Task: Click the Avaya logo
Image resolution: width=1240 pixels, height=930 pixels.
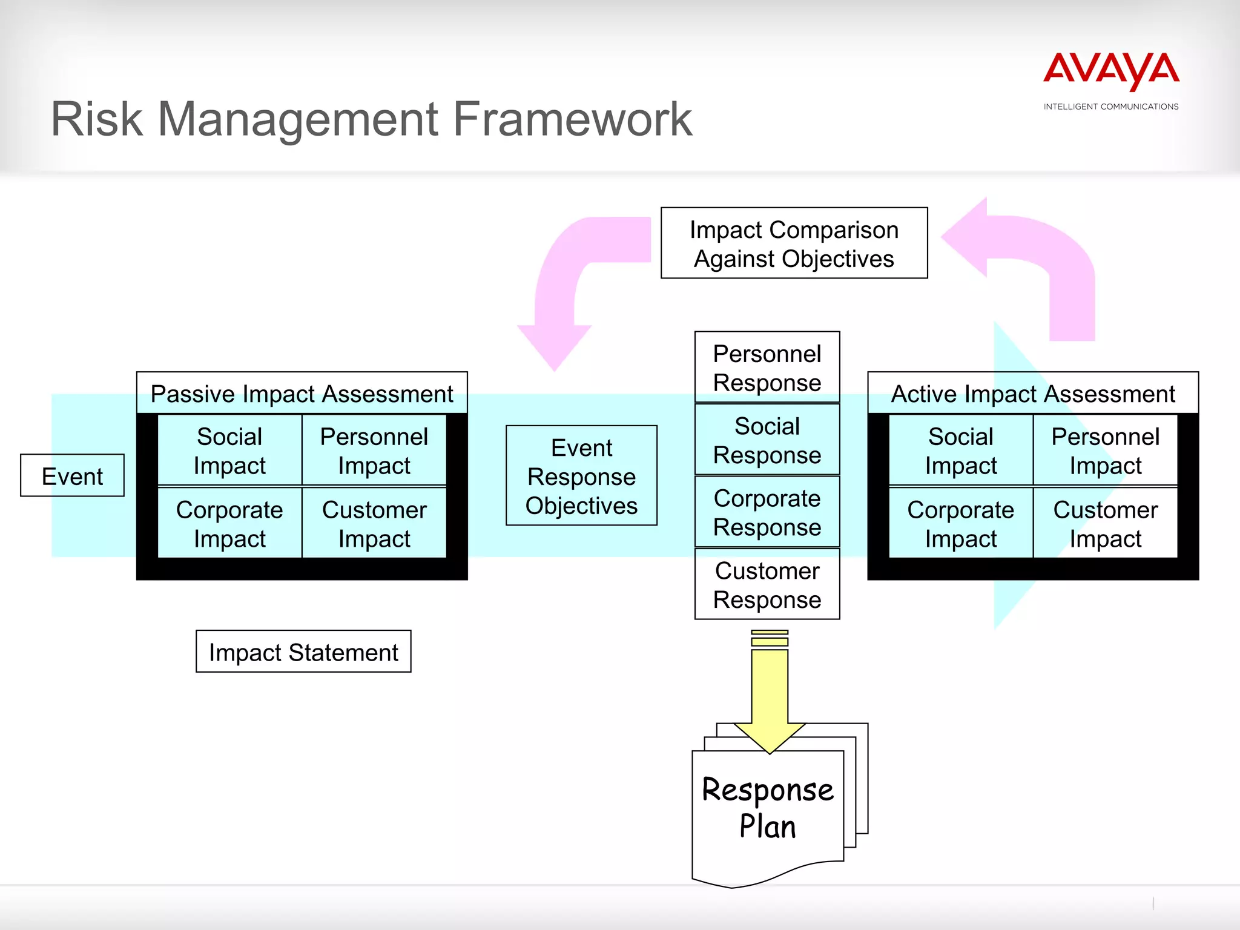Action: click(1111, 70)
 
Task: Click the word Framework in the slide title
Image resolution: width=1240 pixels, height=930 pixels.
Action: click(572, 119)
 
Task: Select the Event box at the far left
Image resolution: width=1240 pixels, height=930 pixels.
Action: click(72, 476)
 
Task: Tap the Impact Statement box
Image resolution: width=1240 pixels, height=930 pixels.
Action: click(303, 652)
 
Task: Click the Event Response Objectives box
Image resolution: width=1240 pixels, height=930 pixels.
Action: click(581, 476)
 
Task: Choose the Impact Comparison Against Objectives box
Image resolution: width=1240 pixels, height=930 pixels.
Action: click(794, 243)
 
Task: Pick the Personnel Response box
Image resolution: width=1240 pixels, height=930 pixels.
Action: click(767, 368)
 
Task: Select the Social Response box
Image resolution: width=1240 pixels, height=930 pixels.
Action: click(767, 440)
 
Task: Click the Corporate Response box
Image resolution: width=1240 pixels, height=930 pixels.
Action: click(767, 512)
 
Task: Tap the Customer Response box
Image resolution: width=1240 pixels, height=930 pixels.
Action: click(767, 585)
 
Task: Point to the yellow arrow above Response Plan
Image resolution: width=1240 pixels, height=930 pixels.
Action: click(770, 690)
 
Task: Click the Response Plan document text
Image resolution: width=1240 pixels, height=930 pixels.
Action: click(768, 808)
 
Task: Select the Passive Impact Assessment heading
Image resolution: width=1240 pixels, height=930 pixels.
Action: click(302, 394)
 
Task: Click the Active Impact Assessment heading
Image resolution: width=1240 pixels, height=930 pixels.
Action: click(1033, 394)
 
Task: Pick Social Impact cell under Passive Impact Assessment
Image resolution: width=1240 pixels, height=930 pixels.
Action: click(229, 450)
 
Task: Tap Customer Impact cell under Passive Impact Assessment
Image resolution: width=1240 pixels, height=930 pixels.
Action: click(374, 524)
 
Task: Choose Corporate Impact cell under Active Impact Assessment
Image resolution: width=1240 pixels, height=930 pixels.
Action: click(960, 524)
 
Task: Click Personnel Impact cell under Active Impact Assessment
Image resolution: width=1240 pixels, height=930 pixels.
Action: click(1105, 450)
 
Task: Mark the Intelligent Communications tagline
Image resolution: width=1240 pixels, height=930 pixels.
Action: click(1111, 107)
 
